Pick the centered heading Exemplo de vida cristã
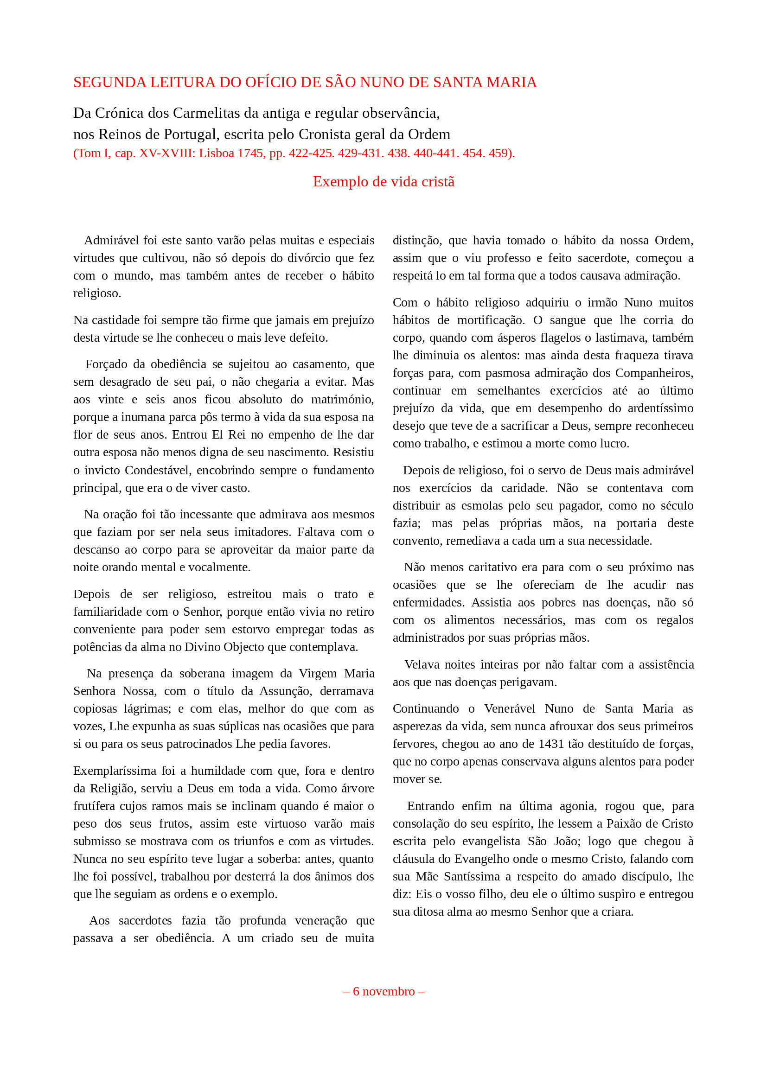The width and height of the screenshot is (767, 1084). coord(383,182)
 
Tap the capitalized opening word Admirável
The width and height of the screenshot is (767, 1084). coord(111,241)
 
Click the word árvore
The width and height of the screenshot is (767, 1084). coord(356,789)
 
